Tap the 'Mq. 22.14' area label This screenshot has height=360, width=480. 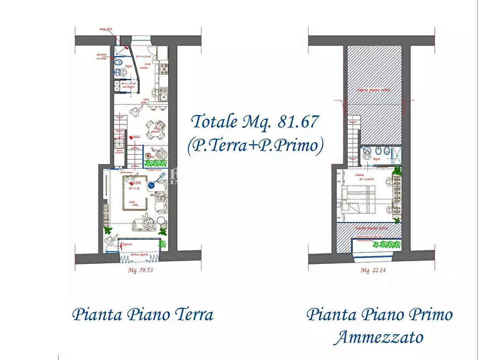(x=374, y=270)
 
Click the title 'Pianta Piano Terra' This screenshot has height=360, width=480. (x=142, y=314)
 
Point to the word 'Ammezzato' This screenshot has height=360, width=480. (x=378, y=337)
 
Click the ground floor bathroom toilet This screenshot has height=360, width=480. (x=118, y=70)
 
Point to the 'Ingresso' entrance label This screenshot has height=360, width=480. (x=127, y=244)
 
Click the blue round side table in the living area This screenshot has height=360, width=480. (x=152, y=184)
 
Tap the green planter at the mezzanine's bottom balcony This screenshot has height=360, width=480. (x=386, y=244)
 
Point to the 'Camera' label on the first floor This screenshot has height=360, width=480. (x=356, y=175)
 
